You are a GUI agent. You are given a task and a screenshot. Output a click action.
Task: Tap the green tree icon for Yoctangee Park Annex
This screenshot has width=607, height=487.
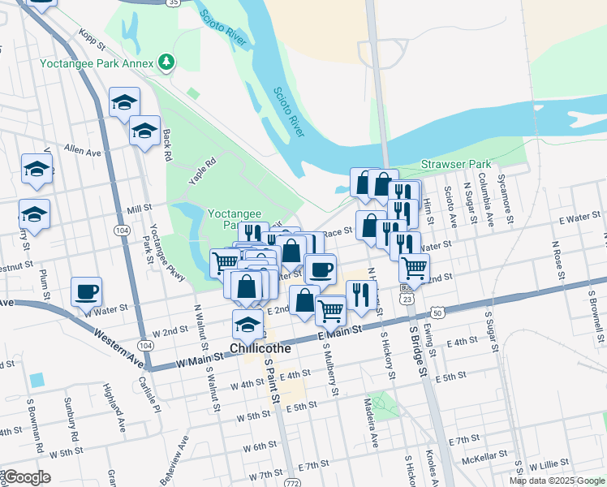coord(166,62)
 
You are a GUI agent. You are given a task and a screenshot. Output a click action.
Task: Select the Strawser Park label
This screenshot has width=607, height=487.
coord(454,165)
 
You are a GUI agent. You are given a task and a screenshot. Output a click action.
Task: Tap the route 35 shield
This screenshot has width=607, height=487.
coord(173,3)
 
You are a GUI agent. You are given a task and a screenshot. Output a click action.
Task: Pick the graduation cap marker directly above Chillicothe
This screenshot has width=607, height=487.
coord(248,324)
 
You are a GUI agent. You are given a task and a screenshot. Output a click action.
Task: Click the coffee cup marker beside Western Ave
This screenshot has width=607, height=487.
coord(86,292)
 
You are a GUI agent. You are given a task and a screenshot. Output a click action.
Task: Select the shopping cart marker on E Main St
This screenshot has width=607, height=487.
coord(330,309)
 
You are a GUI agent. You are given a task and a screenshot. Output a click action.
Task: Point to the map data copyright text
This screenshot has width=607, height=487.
coord(556,481)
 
